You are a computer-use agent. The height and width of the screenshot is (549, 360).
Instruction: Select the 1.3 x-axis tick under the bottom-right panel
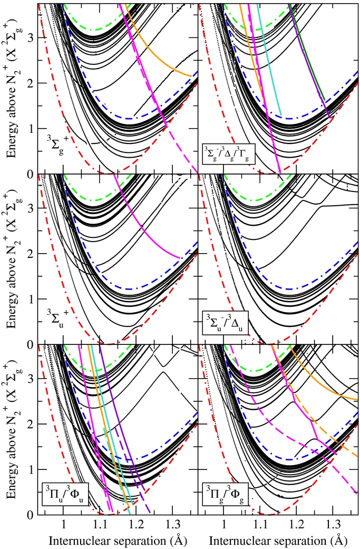coord(333,525)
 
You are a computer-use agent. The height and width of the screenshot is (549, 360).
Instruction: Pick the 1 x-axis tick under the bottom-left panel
coord(63,525)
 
